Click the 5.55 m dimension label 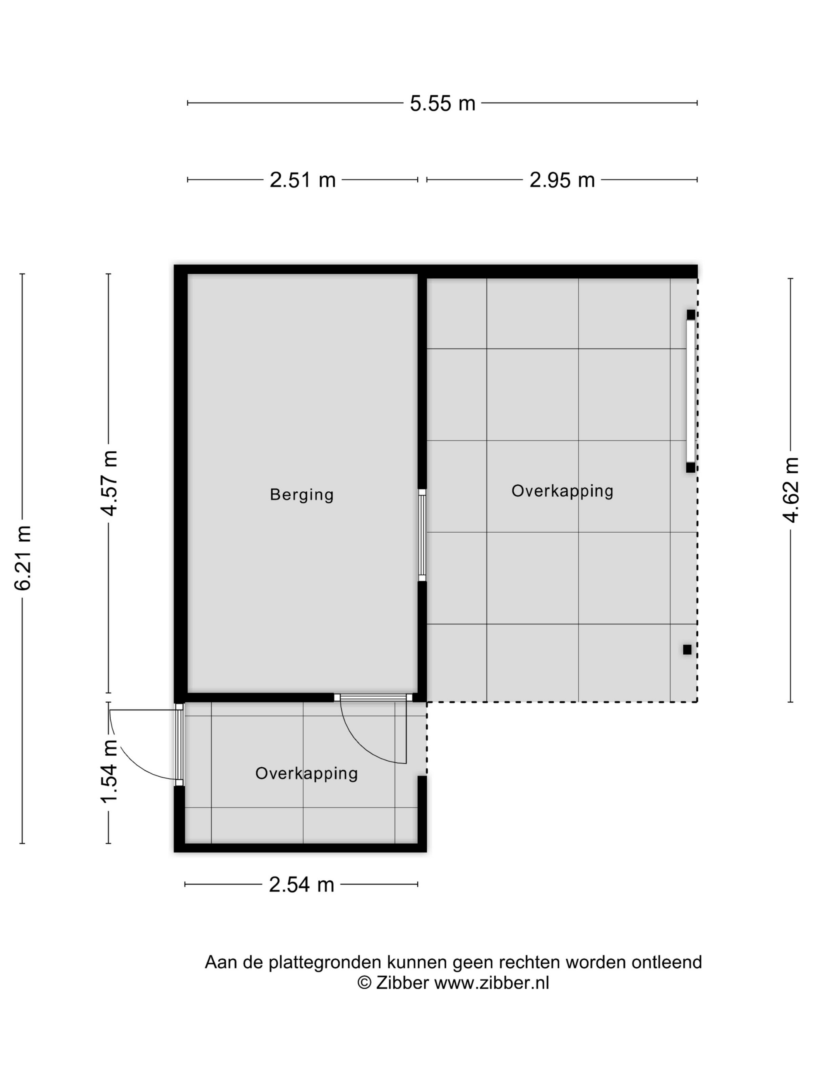pos(442,103)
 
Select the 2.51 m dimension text pos(302,180)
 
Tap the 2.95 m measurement pos(562,180)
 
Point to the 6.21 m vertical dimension pos(23,558)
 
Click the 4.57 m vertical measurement pos(109,483)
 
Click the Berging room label pos(301,494)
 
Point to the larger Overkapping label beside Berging pos(562,491)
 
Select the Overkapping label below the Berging pos(306,773)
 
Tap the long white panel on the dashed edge pos(691,391)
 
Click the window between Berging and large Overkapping pos(422,535)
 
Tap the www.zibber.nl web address pos(492,983)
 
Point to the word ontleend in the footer pos(667,962)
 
